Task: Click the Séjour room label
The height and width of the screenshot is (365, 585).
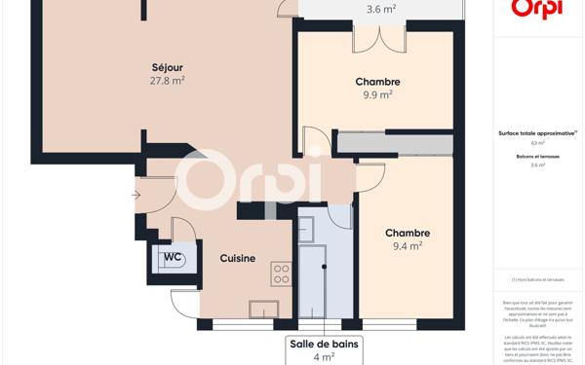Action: click(x=168, y=66)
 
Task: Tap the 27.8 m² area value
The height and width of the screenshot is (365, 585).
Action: click(x=168, y=81)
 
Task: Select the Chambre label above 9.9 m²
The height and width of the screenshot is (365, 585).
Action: click(x=377, y=81)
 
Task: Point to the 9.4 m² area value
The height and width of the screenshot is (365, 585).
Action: click(x=407, y=247)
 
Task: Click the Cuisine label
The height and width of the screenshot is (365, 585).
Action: click(x=237, y=258)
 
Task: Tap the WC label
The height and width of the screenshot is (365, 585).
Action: click(x=172, y=257)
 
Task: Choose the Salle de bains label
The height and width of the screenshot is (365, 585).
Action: click(x=324, y=344)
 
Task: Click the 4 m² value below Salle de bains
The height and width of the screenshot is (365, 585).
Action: click(x=324, y=357)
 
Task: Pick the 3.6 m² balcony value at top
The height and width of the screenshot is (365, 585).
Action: click(x=380, y=10)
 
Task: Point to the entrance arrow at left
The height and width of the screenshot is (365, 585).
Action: click(x=135, y=195)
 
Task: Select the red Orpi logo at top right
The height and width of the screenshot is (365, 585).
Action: click(x=537, y=9)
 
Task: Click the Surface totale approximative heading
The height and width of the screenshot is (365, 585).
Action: click(x=537, y=132)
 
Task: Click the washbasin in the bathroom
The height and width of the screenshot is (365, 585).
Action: click(x=306, y=230)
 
